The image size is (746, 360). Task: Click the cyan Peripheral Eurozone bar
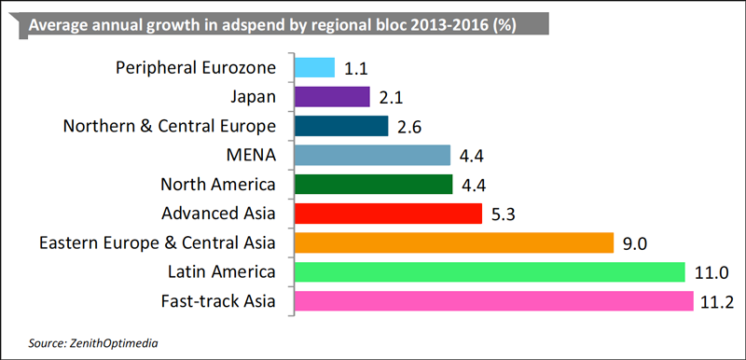pos(314,67)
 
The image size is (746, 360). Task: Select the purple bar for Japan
pos(332,97)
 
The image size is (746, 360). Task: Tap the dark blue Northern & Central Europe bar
pos(341,126)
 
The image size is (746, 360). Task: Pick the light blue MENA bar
pos(372,155)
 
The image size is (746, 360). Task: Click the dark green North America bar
pos(374,184)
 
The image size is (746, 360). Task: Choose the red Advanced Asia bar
pos(388,214)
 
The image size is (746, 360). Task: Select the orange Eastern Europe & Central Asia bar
pos(454,242)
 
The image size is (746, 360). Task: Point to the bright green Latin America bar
pos(490,272)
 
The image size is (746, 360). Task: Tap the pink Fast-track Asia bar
pos(494,301)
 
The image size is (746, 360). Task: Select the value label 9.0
pos(634,243)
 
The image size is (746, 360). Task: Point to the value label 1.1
pos(355,68)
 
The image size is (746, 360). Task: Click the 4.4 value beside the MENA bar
pos(472,156)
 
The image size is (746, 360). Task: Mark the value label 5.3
pos(503,214)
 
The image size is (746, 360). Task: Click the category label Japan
pos(252,97)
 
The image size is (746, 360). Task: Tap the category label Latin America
pos(222,272)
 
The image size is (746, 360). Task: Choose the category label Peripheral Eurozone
pos(196,67)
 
